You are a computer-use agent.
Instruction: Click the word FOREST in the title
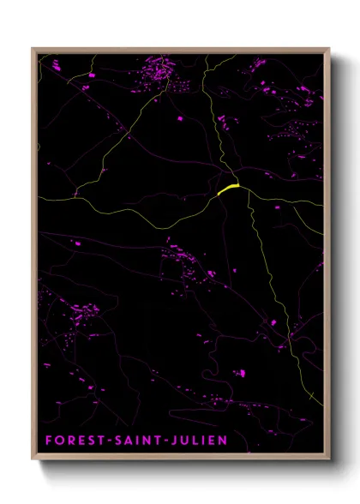click(x=72, y=441)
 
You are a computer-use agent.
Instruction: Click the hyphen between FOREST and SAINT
click(x=105, y=441)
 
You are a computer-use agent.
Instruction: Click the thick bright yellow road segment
click(x=227, y=189)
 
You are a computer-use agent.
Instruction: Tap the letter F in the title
click(x=48, y=441)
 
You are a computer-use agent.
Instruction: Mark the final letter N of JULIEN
click(x=222, y=441)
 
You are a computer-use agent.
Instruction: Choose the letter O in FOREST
click(x=58, y=441)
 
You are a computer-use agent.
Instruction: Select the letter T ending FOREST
click(x=97, y=441)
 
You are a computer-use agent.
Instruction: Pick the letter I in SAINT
click(x=131, y=441)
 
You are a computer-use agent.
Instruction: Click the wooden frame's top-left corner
click(x=33, y=49)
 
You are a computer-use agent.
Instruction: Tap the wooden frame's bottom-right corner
click(x=329, y=460)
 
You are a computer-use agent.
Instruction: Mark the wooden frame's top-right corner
click(x=329, y=49)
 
